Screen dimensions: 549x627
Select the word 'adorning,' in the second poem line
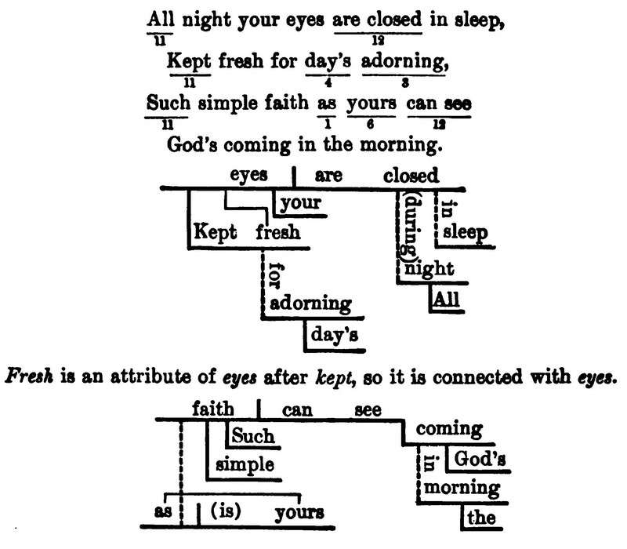[x=402, y=60]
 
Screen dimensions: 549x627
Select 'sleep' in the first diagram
[x=465, y=233]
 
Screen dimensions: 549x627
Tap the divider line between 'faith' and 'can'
[x=259, y=409]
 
